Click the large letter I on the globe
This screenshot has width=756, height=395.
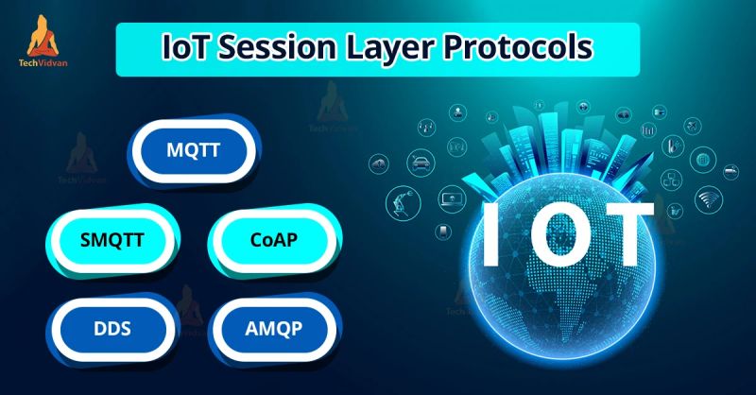490,233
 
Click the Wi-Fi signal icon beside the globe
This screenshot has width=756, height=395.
708,198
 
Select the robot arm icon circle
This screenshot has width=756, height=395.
401,199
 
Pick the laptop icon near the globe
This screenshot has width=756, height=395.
451,200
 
